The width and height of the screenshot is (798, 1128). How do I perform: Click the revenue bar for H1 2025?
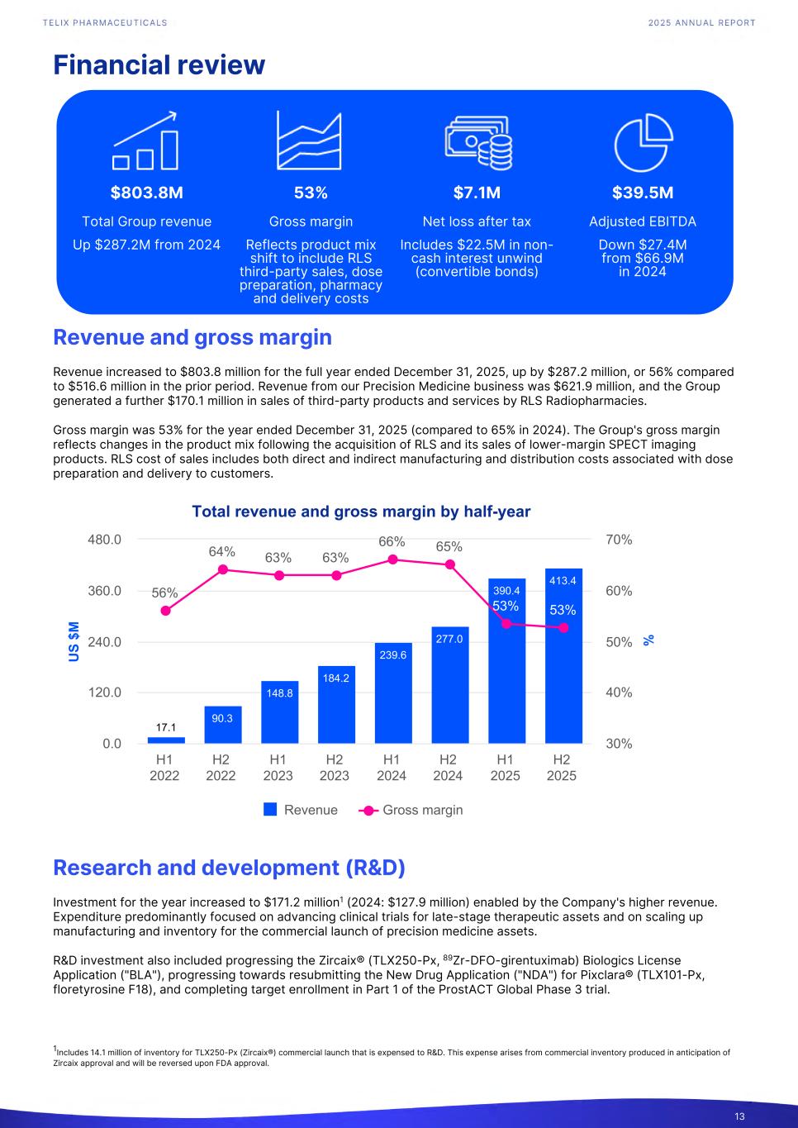(x=506, y=661)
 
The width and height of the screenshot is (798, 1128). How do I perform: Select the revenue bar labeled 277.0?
(x=449, y=685)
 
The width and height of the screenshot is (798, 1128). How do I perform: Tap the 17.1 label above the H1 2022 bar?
(x=166, y=727)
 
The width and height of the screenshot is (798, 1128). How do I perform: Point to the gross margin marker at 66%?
(x=392, y=559)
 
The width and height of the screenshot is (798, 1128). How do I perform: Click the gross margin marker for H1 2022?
(x=165, y=611)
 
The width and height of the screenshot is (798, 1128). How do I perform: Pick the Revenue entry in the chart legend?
(x=301, y=810)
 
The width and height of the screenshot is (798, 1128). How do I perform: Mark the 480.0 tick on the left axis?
(x=106, y=540)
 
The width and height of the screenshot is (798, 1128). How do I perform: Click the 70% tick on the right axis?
(x=619, y=540)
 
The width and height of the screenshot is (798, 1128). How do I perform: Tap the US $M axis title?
(x=74, y=642)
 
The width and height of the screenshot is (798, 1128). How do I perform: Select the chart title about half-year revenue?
(x=361, y=512)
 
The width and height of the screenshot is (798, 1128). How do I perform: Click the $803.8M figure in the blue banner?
(x=147, y=193)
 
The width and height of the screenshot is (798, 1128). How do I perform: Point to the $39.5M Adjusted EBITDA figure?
(x=643, y=193)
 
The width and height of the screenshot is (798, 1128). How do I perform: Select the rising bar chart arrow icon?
(x=146, y=140)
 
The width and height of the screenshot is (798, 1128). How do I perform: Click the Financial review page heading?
(x=159, y=64)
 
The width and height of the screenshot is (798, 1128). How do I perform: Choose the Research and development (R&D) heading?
(x=229, y=868)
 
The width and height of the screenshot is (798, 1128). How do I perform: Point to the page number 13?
(x=739, y=1117)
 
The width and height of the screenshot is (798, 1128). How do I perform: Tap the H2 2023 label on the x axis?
(x=335, y=768)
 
